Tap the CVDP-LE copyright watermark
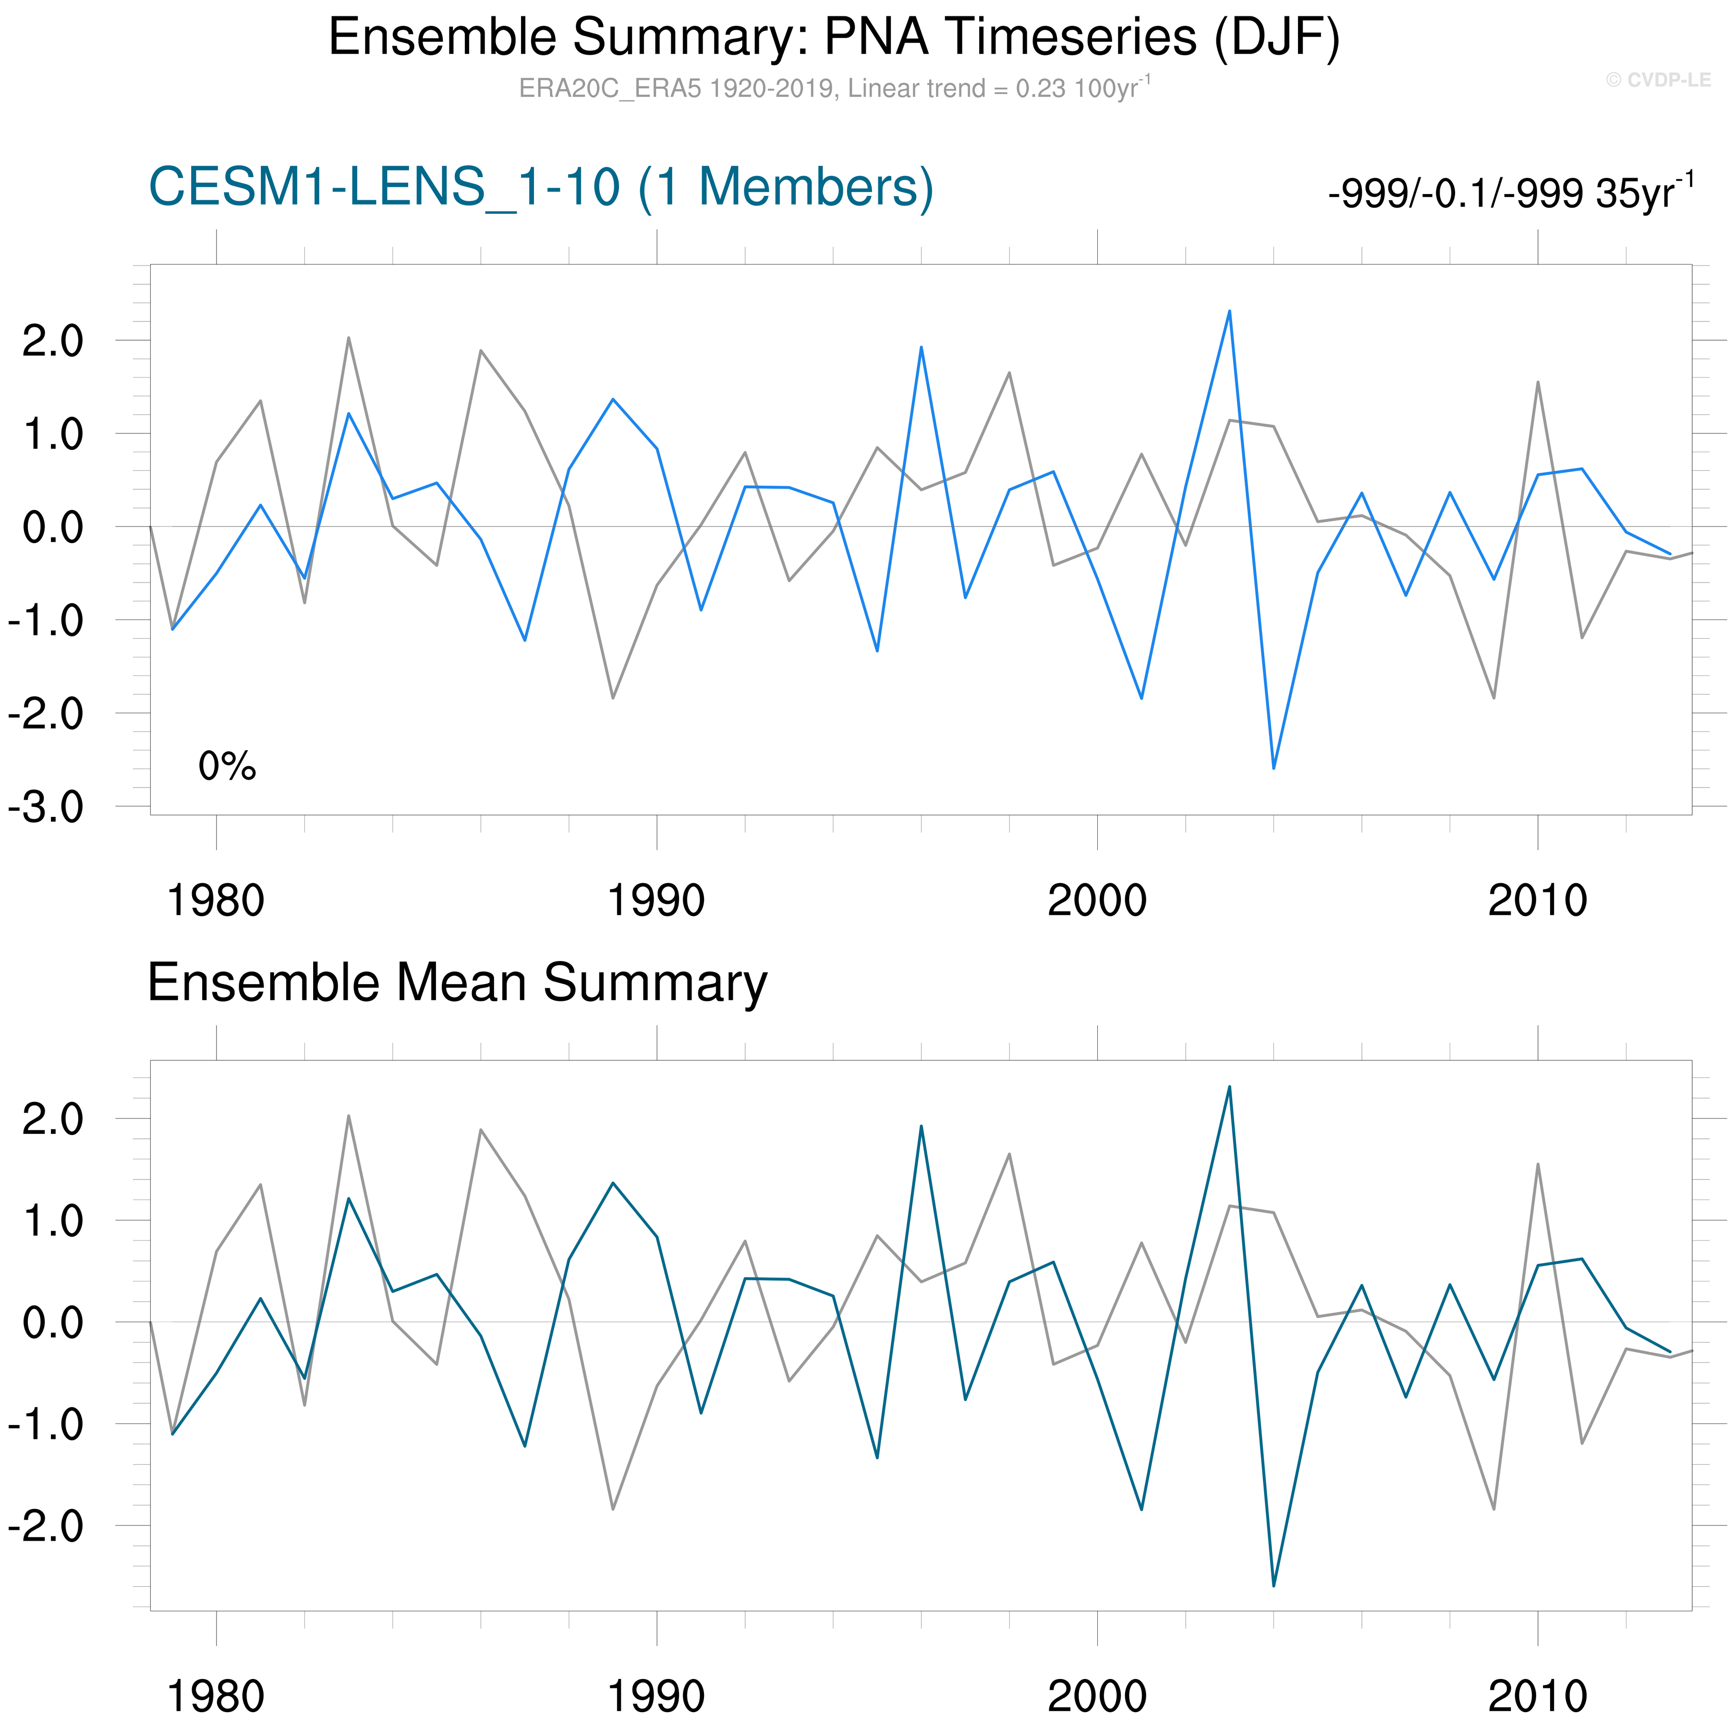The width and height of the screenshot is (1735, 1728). [x=1658, y=80]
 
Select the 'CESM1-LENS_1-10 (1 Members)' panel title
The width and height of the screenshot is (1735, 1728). [x=541, y=188]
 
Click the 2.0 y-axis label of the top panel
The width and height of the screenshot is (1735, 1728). [x=52, y=341]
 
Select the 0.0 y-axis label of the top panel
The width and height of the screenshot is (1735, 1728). [x=52, y=527]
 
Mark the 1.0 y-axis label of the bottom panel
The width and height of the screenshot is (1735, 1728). [x=52, y=1220]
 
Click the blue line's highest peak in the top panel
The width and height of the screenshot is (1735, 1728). [x=1229, y=312]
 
